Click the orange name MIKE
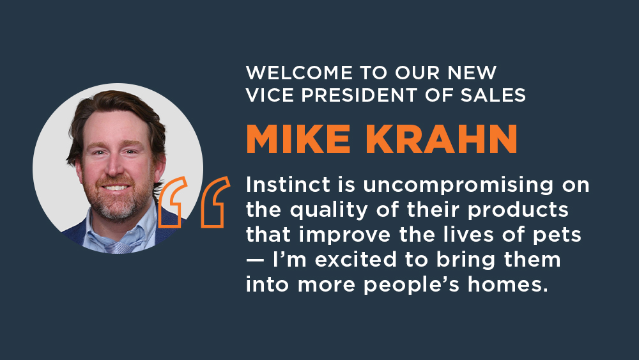coord(298,139)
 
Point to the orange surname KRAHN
coord(442,139)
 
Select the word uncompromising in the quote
coord(458,186)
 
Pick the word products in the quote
coord(518,211)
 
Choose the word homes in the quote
coord(508,284)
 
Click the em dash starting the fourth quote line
coord(256,261)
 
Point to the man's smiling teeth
coord(116,188)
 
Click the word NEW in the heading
coord(472,73)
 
